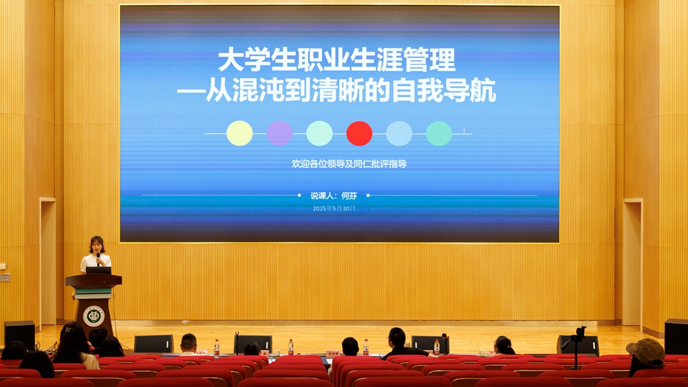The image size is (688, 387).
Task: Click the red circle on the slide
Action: (x=359, y=133)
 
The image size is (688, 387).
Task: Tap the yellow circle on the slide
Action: (x=239, y=133)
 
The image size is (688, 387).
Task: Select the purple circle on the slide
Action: (x=279, y=133)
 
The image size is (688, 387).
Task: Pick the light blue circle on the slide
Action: (x=399, y=133)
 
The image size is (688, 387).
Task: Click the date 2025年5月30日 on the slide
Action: (x=334, y=208)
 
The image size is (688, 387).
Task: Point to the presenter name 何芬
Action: (x=350, y=196)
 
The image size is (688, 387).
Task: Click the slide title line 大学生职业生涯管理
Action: (x=336, y=60)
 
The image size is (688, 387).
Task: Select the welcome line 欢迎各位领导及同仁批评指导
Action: (x=350, y=164)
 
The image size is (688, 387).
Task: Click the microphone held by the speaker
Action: (x=98, y=258)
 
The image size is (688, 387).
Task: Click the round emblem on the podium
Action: (x=94, y=316)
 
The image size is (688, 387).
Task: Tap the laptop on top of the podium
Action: (x=98, y=270)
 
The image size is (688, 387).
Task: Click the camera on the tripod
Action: (x=581, y=332)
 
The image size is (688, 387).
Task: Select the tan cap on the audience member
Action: (x=646, y=352)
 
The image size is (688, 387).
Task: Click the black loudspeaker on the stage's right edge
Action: (x=676, y=336)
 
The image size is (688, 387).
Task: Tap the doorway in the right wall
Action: (x=633, y=263)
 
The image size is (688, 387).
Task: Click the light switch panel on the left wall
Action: (x=4, y=278)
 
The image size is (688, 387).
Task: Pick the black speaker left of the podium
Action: (x=20, y=334)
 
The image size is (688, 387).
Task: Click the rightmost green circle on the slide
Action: (x=439, y=133)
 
